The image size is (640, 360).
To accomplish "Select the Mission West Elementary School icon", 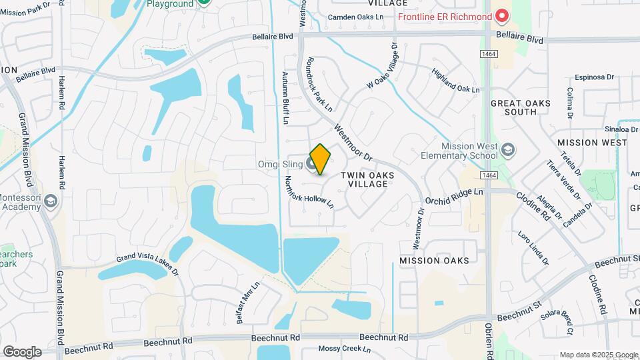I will (x=508, y=149).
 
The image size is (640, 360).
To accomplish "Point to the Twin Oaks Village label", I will (x=367, y=179).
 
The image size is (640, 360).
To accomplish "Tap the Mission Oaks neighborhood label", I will (x=434, y=260).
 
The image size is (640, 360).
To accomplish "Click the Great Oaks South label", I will (x=522, y=108).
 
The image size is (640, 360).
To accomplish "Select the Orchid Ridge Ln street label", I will (x=453, y=197).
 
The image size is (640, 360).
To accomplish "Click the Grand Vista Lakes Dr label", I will (x=148, y=263).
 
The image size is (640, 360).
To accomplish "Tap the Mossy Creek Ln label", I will (x=343, y=349).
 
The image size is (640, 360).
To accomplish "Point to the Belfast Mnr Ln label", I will (x=247, y=302).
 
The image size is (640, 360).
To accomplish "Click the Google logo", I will (x=22, y=351).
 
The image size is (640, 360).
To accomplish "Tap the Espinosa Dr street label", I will (x=589, y=77).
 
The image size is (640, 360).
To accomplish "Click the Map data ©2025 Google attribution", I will (x=598, y=355).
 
